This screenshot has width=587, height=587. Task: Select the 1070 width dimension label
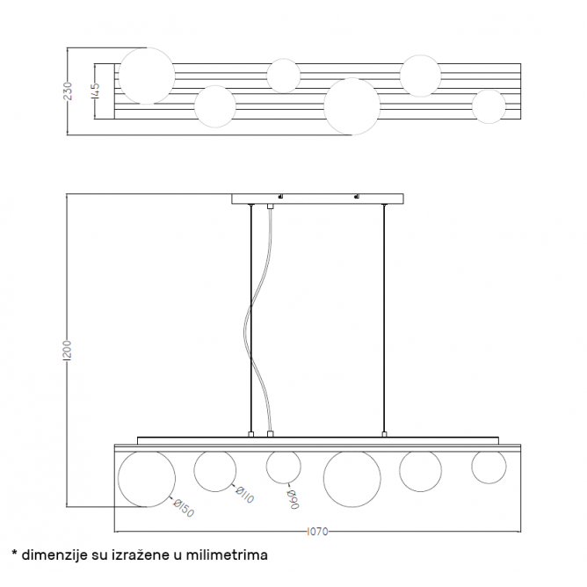pos(317,532)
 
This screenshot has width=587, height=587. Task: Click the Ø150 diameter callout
pos(183,509)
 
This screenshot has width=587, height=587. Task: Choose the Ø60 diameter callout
pos(293,498)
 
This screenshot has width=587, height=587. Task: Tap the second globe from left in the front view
pos(215,471)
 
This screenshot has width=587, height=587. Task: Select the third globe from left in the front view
pos(284,467)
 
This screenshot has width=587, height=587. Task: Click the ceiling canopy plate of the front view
pos(317,199)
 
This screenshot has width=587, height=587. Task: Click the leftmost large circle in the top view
pos(147,76)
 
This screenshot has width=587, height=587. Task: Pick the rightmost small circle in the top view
pos(489,106)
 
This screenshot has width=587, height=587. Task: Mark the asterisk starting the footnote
pos(14,554)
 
